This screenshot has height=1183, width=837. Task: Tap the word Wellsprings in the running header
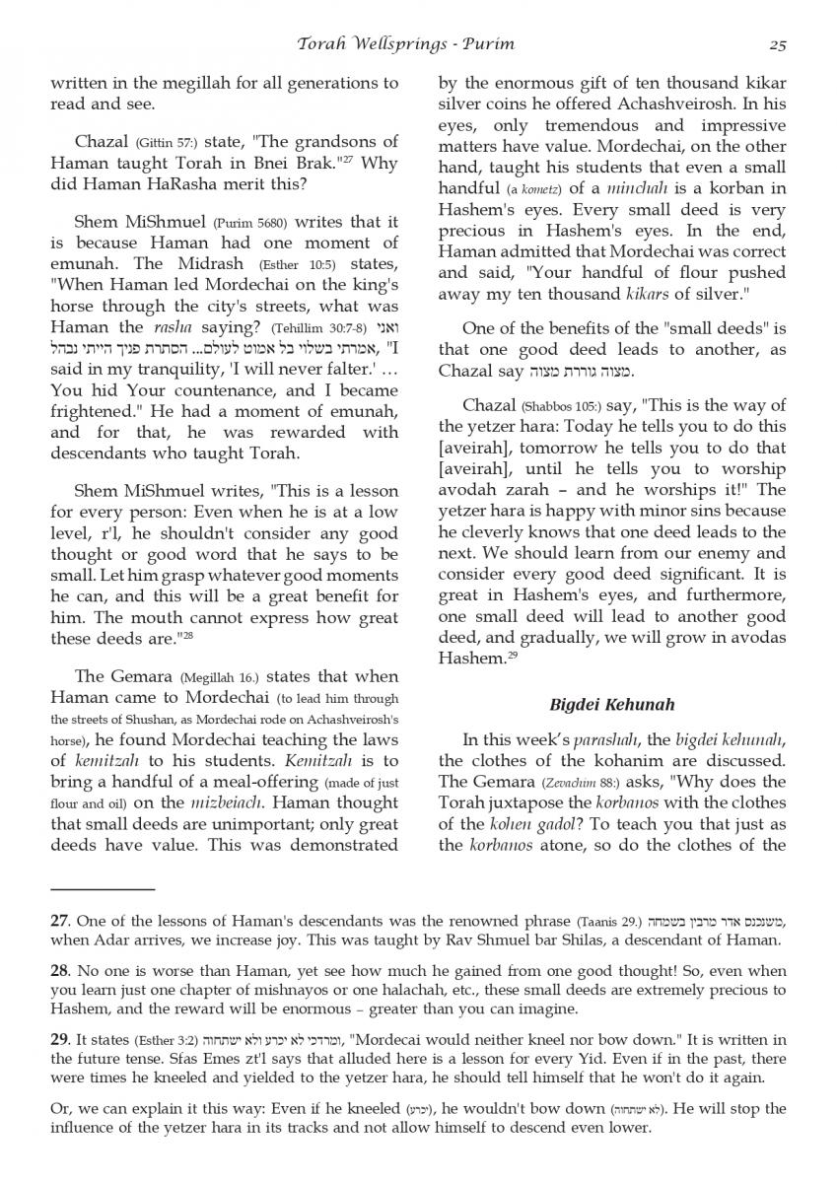(378, 44)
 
